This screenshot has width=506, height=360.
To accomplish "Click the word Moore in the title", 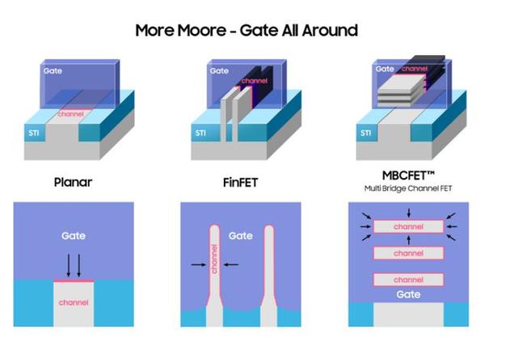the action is pos(202,31).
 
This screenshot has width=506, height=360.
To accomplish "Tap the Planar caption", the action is pos(73,182).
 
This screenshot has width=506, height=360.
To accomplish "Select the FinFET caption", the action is pos(240,183).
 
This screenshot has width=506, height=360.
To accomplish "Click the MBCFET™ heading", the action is pos(408,176).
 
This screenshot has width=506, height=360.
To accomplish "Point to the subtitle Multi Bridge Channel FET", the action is pos(408,188).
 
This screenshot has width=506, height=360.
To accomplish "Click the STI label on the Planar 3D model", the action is pos(34,133).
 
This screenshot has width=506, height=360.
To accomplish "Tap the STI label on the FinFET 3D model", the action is pos(200,133).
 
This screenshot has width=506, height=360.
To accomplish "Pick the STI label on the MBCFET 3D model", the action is pos(365,133).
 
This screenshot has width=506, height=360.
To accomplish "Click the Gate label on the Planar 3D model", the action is pos(53,70).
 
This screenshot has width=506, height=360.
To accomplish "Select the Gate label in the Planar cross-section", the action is pos(74,235).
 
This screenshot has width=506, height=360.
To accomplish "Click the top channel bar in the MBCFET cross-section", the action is pos(408,227).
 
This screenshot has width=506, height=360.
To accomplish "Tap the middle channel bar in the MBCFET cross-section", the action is pos(408,253).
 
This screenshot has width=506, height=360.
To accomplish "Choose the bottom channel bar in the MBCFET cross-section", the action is pos(408,280).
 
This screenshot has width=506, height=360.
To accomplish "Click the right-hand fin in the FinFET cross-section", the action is pos(269,275).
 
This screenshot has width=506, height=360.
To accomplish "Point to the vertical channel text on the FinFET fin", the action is pos(214,259).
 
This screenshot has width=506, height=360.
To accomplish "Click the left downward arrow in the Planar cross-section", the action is pos(69,265).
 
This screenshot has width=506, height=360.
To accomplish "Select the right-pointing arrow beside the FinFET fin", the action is pos(199,265).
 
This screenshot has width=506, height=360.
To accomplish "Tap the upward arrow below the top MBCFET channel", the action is pos(409,240).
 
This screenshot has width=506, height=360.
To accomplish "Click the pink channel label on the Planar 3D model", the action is pos(71,114).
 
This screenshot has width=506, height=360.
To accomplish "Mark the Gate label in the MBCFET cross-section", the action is pos(408,294).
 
